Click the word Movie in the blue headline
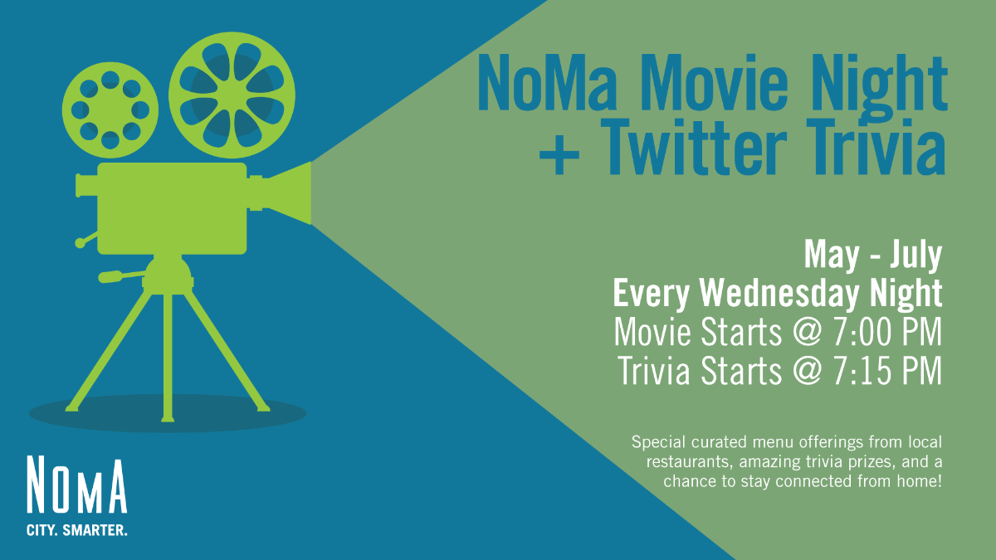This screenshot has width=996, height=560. tap(714, 83)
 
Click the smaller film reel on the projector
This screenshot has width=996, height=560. tap(110, 110)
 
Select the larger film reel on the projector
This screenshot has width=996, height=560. tap(232, 95)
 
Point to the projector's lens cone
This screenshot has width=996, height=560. tap(289, 193)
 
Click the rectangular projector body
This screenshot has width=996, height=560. tap(172, 208)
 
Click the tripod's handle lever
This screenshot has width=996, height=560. tap(121, 276)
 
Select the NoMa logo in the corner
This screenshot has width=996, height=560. tap(77, 495)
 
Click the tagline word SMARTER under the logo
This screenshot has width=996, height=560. tap(95, 530)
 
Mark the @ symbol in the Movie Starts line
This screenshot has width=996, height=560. tap(807, 333)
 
